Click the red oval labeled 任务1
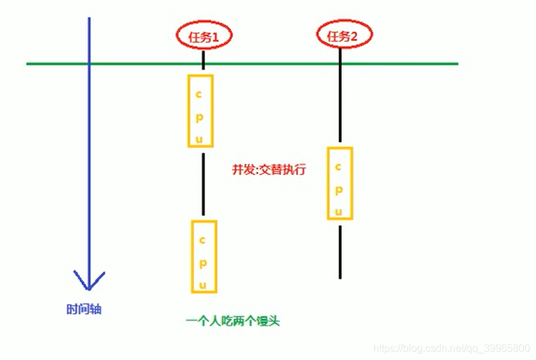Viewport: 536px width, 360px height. [x=203, y=37]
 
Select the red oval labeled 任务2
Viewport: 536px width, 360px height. [x=341, y=35]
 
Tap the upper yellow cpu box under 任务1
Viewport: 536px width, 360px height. [x=200, y=110]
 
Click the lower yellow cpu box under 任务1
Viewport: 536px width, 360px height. [x=203, y=256]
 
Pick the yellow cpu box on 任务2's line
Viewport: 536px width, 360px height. [x=339, y=183]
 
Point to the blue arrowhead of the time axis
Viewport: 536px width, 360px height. [x=89, y=281]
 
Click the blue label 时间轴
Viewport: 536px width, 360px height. [x=84, y=309]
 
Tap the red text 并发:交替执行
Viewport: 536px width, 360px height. [x=268, y=171]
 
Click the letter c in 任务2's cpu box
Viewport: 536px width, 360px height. [x=339, y=166]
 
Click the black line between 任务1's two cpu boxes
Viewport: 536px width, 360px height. [x=203, y=184]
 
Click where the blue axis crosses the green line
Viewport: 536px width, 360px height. [x=89, y=64]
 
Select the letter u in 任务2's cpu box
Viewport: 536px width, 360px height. [x=340, y=210]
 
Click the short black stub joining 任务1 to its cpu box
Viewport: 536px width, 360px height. [x=203, y=62]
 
